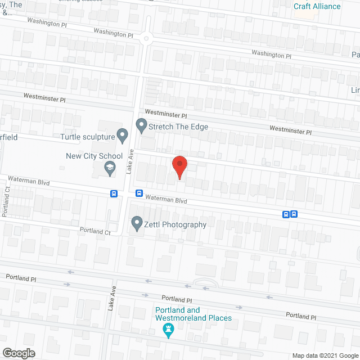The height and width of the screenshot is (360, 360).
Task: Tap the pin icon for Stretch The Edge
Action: (x=141, y=125)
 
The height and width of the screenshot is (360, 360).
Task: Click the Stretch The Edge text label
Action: (x=178, y=127)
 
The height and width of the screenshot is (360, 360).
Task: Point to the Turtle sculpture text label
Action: (x=87, y=136)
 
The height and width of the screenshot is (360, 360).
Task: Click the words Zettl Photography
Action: (x=175, y=224)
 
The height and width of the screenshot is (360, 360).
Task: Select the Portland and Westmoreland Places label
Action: (x=193, y=314)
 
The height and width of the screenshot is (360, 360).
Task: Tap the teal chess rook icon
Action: (x=168, y=330)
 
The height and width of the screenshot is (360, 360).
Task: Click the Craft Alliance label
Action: (x=317, y=6)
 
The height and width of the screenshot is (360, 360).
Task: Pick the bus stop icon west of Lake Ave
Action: (x=114, y=193)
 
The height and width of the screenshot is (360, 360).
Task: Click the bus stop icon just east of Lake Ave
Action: (x=138, y=193)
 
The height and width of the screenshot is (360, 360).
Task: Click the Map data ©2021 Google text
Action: (x=325, y=355)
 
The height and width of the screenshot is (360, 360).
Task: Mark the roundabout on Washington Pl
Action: (x=148, y=38)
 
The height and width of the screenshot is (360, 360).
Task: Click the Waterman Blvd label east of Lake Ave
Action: (x=166, y=199)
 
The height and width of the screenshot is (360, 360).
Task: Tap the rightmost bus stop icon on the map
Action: (x=294, y=214)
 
